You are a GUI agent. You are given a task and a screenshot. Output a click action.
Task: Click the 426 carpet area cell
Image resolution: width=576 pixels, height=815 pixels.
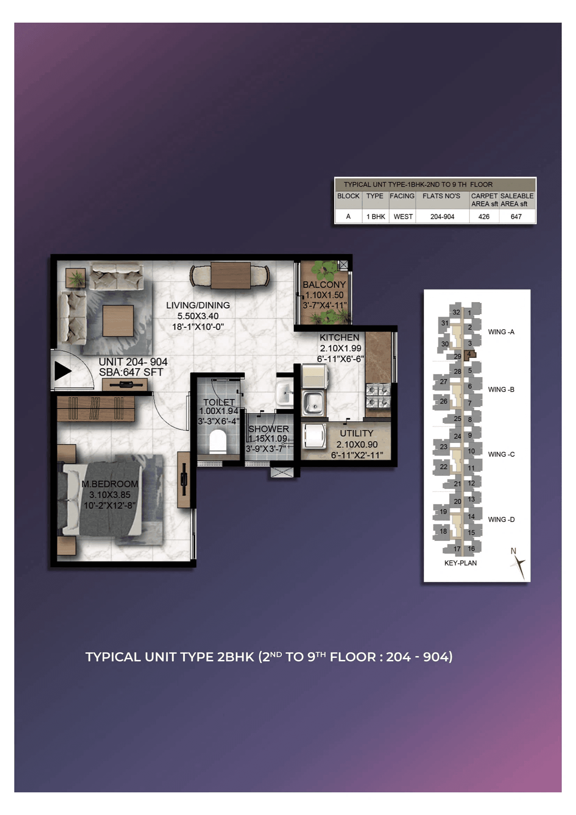(x=483, y=216)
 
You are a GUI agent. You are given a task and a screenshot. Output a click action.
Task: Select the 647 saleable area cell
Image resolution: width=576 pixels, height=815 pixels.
(x=516, y=216)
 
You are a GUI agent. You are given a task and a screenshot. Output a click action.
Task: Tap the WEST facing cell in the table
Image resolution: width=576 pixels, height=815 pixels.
(x=403, y=216)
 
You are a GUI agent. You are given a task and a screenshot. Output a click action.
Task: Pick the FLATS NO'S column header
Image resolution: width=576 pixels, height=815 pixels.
(x=441, y=196)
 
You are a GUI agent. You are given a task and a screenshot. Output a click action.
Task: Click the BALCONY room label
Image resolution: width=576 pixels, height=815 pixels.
(x=324, y=285)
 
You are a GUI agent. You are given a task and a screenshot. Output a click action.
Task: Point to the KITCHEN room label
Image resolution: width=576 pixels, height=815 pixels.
(x=339, y=338)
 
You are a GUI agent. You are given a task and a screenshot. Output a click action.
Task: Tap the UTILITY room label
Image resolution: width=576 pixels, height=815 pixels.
(x=356, y=433)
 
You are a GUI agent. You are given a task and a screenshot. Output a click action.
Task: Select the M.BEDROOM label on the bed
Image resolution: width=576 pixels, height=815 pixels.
(x=110, y=484)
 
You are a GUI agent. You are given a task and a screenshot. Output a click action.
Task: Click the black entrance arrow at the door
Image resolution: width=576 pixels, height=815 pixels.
(x=62, y=371)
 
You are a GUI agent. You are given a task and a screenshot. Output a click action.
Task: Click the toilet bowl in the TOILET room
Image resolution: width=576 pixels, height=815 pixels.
(x=217, y=441)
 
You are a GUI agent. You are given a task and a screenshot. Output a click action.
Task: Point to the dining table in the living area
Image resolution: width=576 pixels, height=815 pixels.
(x=230, y=276)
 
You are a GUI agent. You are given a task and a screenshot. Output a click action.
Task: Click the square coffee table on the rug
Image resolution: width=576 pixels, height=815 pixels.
(x=118, y=321)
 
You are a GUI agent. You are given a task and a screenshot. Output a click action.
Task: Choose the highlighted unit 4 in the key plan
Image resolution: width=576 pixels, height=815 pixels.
(x=469, y=354)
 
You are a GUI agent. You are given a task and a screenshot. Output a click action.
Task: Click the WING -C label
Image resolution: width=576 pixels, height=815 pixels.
(x=501, y=454)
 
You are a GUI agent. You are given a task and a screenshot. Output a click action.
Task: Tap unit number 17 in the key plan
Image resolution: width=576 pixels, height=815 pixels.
(x=457, y=549)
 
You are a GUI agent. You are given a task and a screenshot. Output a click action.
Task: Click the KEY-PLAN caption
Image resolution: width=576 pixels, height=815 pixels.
(x=460, y=563)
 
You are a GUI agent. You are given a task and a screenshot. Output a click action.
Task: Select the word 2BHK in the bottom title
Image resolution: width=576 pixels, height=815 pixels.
(x=235, y=657)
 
